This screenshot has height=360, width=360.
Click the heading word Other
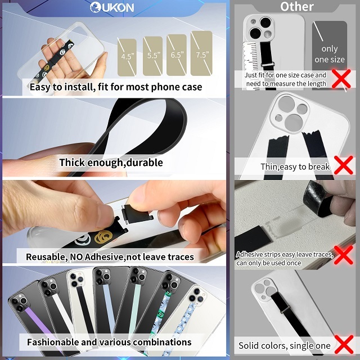296,7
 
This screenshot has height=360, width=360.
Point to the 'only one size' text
330,54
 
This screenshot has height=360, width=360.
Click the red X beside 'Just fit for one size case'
341,78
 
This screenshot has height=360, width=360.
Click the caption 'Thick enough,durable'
111,163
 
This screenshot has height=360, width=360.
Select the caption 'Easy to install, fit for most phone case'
115,87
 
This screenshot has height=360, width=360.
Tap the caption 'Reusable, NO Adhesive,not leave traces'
110,256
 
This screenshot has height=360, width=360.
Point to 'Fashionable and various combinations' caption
109,341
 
